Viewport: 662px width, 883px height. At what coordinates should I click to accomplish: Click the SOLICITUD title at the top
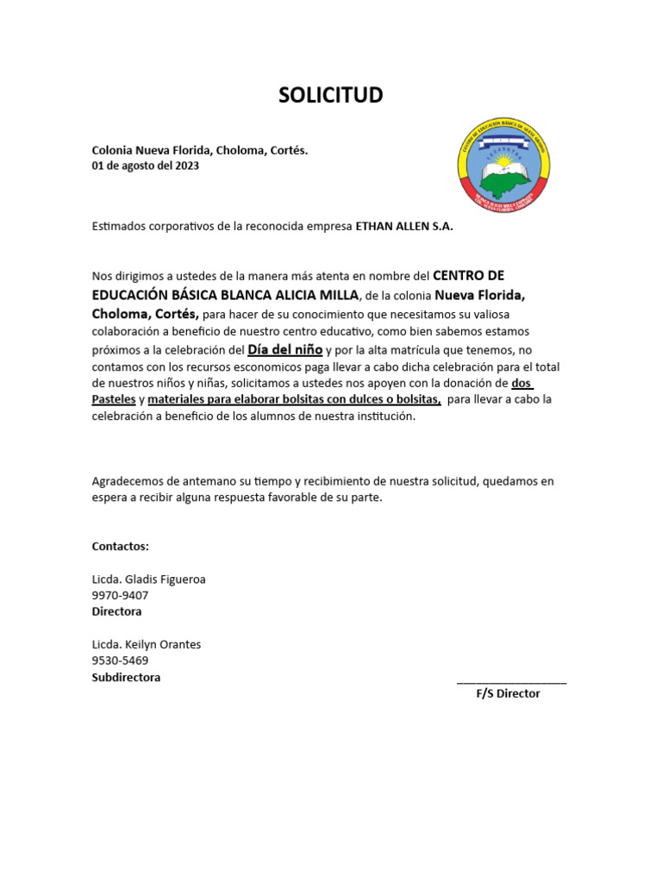point(330,96)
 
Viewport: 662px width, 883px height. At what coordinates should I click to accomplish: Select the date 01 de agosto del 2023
point(145,166)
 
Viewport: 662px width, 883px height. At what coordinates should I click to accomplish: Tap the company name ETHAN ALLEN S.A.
point(404,227)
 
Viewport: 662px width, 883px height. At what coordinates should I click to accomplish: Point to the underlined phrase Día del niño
point(285,349)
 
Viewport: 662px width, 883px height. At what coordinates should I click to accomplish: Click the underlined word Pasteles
point(114,399)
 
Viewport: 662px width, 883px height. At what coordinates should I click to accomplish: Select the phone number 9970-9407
point(120,595)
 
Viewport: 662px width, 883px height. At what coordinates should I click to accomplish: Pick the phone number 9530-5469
point(120,661)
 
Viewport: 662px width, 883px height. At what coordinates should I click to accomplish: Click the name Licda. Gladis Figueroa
point(148,579)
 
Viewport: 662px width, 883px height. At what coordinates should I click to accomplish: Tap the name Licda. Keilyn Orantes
point(146,644)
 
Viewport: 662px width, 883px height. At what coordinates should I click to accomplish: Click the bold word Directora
point(116,611)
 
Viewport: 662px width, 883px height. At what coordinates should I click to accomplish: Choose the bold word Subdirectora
point(126,677)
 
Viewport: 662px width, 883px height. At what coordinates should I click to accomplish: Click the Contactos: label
point(120,546)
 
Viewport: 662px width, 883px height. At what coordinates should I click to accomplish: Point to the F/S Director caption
point(508,693)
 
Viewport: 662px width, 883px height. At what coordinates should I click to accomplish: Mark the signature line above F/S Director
point(511,681)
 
